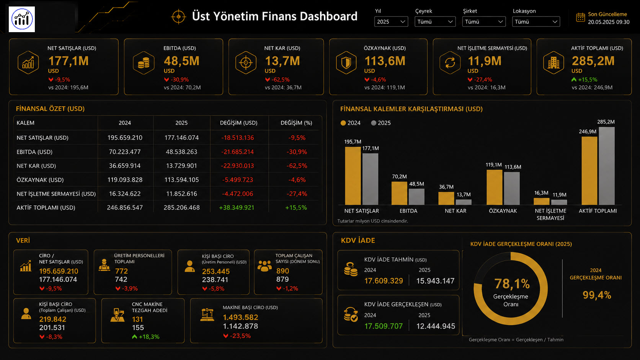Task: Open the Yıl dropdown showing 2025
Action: point(391,22)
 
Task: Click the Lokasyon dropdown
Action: point(536,22)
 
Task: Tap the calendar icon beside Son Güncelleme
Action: point(580,18)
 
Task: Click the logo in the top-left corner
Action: point(22,19)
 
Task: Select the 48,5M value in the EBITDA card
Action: point(181,61)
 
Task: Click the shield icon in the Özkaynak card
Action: point(346,62)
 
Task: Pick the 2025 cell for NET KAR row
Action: point(181,166)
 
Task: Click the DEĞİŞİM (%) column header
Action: point(296,123)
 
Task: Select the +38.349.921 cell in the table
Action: point(237,208)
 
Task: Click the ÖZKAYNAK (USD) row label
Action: point(40,180)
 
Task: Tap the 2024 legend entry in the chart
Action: point(351,123)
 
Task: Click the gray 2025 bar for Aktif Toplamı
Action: point(607,166)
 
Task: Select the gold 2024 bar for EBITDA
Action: point(399,193)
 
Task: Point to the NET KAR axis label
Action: point(456,211)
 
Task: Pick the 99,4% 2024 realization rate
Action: point(597,295)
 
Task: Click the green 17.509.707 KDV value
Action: point(384,326)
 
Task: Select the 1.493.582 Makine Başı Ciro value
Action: point(240,318)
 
